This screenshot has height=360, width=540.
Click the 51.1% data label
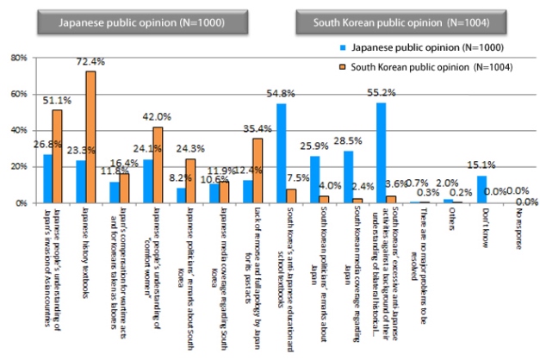click(x=57, y=101)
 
